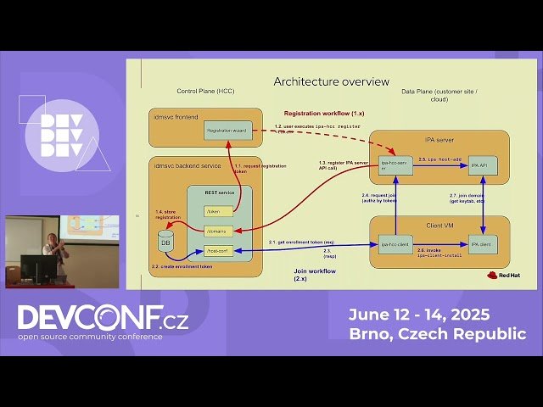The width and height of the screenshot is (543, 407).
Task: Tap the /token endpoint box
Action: click(x=219, y=211)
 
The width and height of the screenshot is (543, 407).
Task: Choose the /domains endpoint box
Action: click(x=219, y=231)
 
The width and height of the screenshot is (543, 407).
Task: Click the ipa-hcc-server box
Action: click(x=395, y=164)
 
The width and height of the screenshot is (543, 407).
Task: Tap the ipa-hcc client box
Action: click(x=395, y=244)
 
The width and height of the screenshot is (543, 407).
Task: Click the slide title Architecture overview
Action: click(x=331, y=81)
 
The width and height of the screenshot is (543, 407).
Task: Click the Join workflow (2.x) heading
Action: click(x=308, y=276)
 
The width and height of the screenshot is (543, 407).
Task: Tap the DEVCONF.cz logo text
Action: click(x=103, y=318)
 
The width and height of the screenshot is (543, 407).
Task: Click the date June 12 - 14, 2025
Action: click(x=418, y=315)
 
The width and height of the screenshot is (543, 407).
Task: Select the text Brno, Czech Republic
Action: click(x=437, y=334)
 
